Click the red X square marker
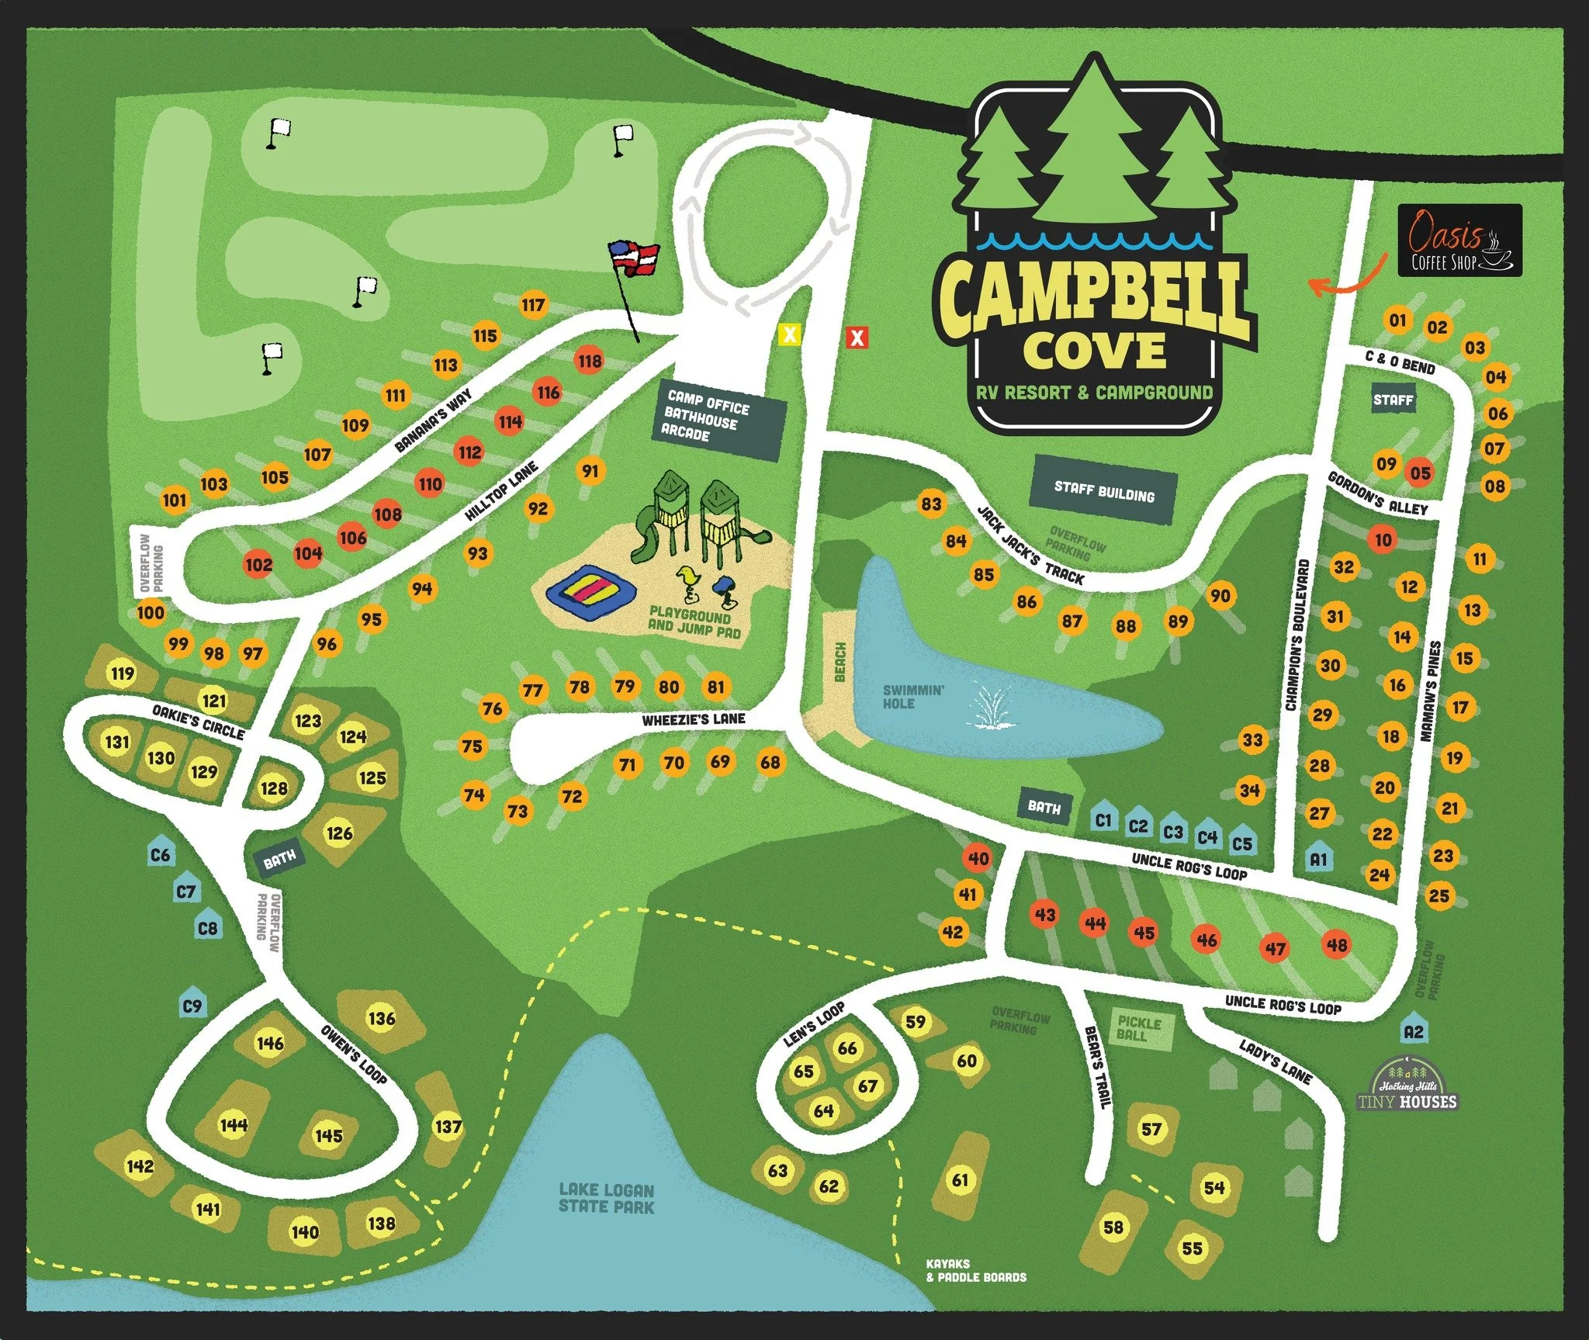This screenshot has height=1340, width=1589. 857,338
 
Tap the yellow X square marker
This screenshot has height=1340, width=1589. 789,335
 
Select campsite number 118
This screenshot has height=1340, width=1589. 590,361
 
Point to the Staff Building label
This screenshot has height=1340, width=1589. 1103,490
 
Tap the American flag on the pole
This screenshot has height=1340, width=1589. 635,257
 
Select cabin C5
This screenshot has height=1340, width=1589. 1241,843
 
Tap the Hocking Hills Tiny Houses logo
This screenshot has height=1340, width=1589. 1407,1086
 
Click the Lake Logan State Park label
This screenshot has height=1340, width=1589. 606,1198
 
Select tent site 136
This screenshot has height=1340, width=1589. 382,1018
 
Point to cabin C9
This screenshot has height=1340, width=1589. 192,1006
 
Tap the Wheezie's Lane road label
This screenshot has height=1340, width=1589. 693,720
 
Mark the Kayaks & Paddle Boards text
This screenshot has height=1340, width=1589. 975,1271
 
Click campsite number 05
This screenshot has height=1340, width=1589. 1420,473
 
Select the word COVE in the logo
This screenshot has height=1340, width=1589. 1094,350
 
